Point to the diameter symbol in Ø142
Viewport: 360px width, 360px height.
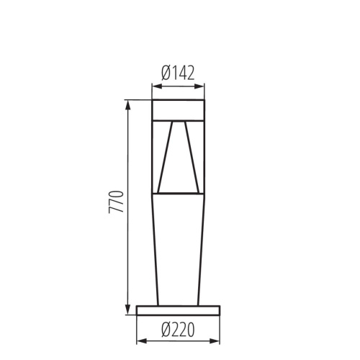165,73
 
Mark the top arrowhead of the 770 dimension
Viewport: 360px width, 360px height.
128,104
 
